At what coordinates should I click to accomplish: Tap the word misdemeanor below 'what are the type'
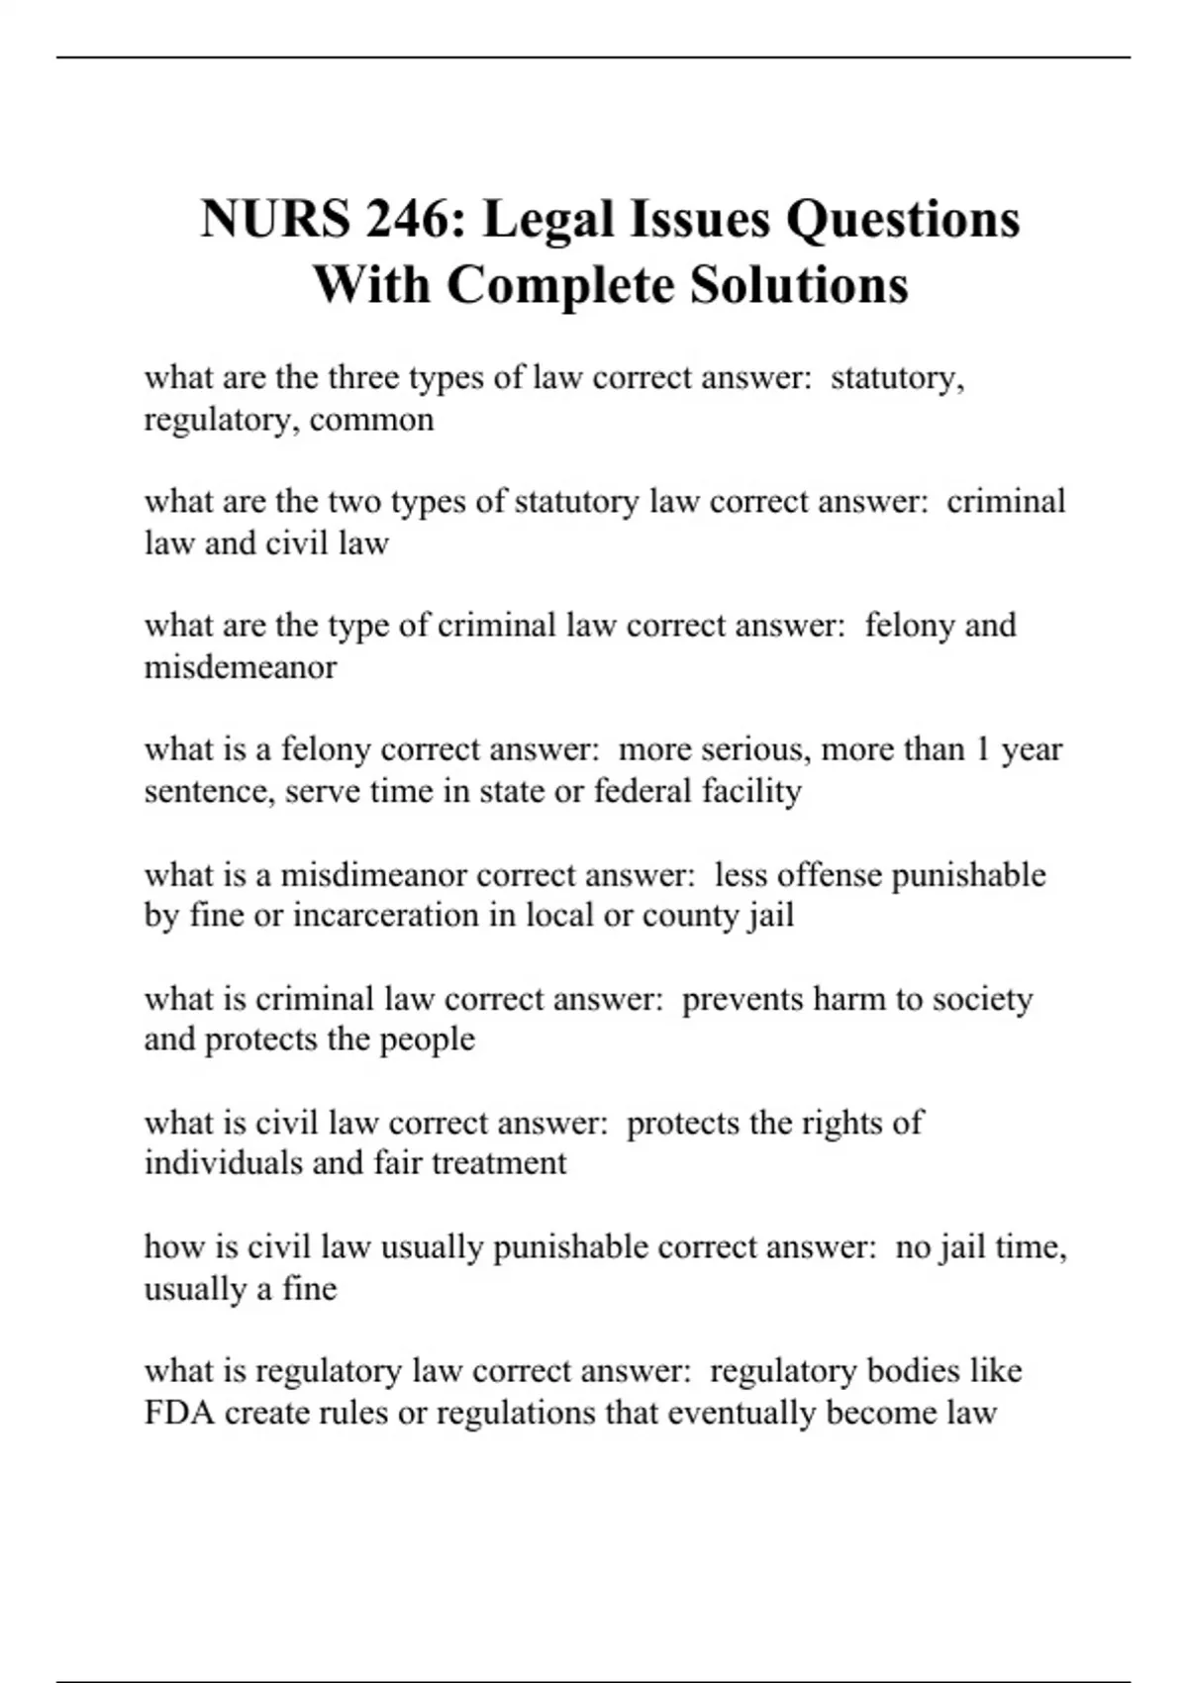[x=241, y=667]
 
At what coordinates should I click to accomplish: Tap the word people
[x=427, y=1039]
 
